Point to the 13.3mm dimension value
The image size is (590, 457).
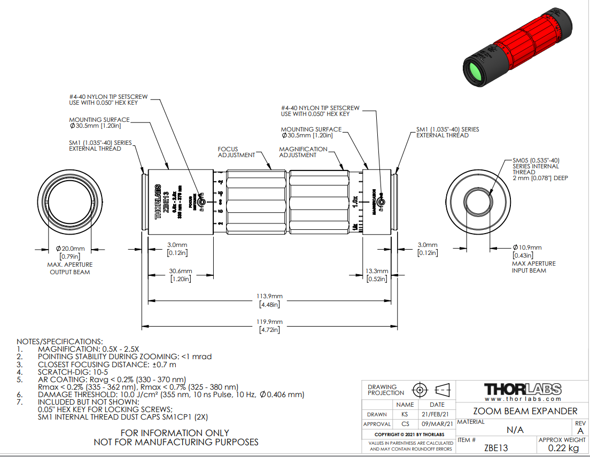(x=377, y=271)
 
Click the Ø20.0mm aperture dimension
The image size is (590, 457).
(x=71, y=248)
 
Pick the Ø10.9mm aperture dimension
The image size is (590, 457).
(x=527, y=247)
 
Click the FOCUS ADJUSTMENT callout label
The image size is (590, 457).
(x=236, y=152)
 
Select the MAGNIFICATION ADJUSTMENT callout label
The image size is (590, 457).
(x=304, y=152)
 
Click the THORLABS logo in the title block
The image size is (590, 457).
(x=523, y=389)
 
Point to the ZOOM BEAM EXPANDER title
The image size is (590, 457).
(x=525, y=411)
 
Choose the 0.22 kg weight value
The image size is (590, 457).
(x=563, y=448)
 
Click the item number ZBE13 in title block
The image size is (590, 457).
(x=496, y=448)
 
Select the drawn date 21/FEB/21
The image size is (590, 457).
(x=437, y=414)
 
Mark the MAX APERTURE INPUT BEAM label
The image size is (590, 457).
(x=534, y=267)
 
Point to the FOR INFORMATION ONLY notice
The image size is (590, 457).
(x=175, y=433)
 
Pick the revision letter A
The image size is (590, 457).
(x=580, y=430)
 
